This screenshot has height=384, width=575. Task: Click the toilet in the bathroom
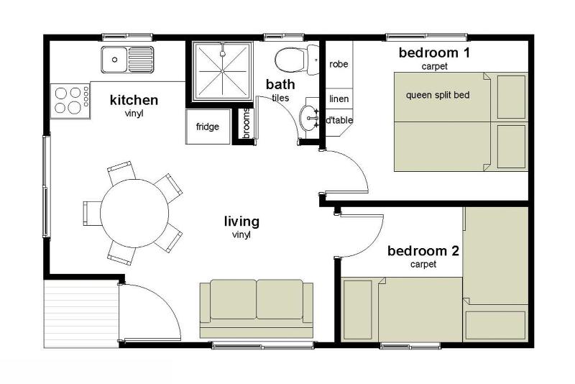coord(296,60)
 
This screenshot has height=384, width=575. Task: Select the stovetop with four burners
coord(70,101)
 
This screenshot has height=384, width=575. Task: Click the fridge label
coord(208,127)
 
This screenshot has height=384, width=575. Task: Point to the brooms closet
coord(246,124)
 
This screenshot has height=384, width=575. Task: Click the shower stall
coord(223,71)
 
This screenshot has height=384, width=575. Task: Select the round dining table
coord(134,213)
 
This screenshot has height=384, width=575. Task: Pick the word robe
coord(339,64)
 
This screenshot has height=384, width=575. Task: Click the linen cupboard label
coord(339,99)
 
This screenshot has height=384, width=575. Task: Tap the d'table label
coord(339,120)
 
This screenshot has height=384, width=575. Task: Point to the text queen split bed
coord(438,95)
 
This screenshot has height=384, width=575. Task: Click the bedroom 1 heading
coord(434,52)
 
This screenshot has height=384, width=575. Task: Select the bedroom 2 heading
coord(423,251)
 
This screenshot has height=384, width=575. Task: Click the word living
coord(241,221)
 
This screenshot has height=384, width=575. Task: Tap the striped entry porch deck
coord(81,314)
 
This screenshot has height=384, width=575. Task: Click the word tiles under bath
coord(280,98)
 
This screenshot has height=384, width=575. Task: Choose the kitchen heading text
coord(134,100)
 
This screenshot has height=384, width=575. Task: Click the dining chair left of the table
coord(92,213)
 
